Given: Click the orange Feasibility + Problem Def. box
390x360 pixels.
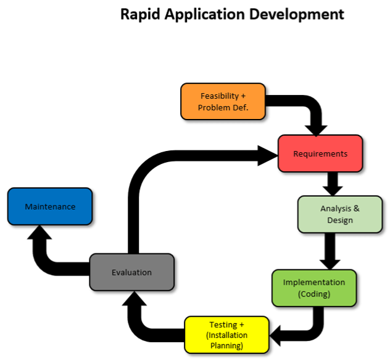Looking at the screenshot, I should [x=223, y=101].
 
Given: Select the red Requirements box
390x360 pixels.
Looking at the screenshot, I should [x=320, y=153].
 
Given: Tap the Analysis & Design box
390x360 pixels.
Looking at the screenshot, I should [x=339, y=215].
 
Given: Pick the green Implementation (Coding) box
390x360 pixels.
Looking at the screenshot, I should [x=314, y=288].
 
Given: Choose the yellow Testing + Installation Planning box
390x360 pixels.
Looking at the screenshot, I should [x=227, y=335].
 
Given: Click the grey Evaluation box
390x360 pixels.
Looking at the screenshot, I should [x=131, y=272].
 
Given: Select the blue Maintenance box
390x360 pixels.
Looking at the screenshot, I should [x=50, y=207].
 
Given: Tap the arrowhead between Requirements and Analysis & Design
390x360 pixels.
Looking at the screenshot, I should [x=333, y=187].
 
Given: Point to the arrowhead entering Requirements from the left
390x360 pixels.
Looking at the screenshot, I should [x=269, y=154].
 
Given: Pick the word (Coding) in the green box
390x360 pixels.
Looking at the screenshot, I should [x=314, y=294].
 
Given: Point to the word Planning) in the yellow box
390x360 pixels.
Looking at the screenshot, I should [x=228, y=345].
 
